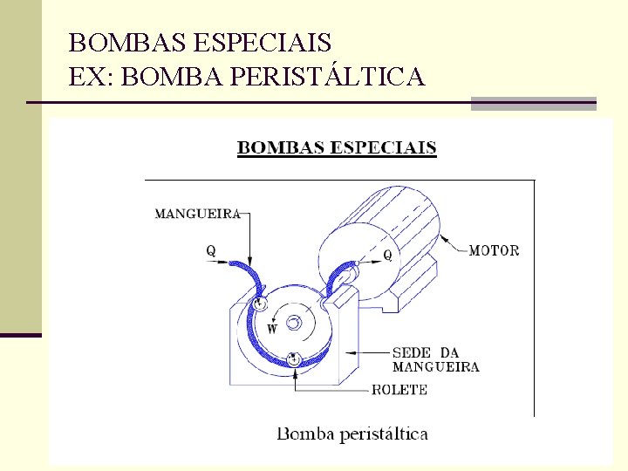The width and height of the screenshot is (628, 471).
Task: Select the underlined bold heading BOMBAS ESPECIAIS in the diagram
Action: (337, 147)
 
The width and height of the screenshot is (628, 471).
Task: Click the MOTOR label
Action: (494, 250)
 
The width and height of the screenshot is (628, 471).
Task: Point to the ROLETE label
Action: (399, 390)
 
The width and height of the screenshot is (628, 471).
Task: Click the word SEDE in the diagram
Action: (412, 352)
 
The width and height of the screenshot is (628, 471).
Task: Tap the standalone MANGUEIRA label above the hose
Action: (196, 212)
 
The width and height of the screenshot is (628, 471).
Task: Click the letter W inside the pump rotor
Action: (272, 329)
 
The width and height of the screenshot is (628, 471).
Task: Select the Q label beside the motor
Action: (388, 256)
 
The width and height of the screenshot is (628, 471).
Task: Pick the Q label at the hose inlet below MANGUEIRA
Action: (211, 250)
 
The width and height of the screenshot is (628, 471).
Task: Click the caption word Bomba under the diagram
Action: (306, 433)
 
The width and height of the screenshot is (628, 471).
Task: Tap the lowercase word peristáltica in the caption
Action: (384, 433)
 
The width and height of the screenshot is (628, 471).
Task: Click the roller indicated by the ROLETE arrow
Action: (294, 358)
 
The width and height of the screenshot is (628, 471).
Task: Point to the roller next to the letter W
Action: (259, 304)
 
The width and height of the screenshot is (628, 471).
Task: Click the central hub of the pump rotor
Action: (293, 323)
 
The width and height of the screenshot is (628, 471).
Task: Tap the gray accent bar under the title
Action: (533, 103)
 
